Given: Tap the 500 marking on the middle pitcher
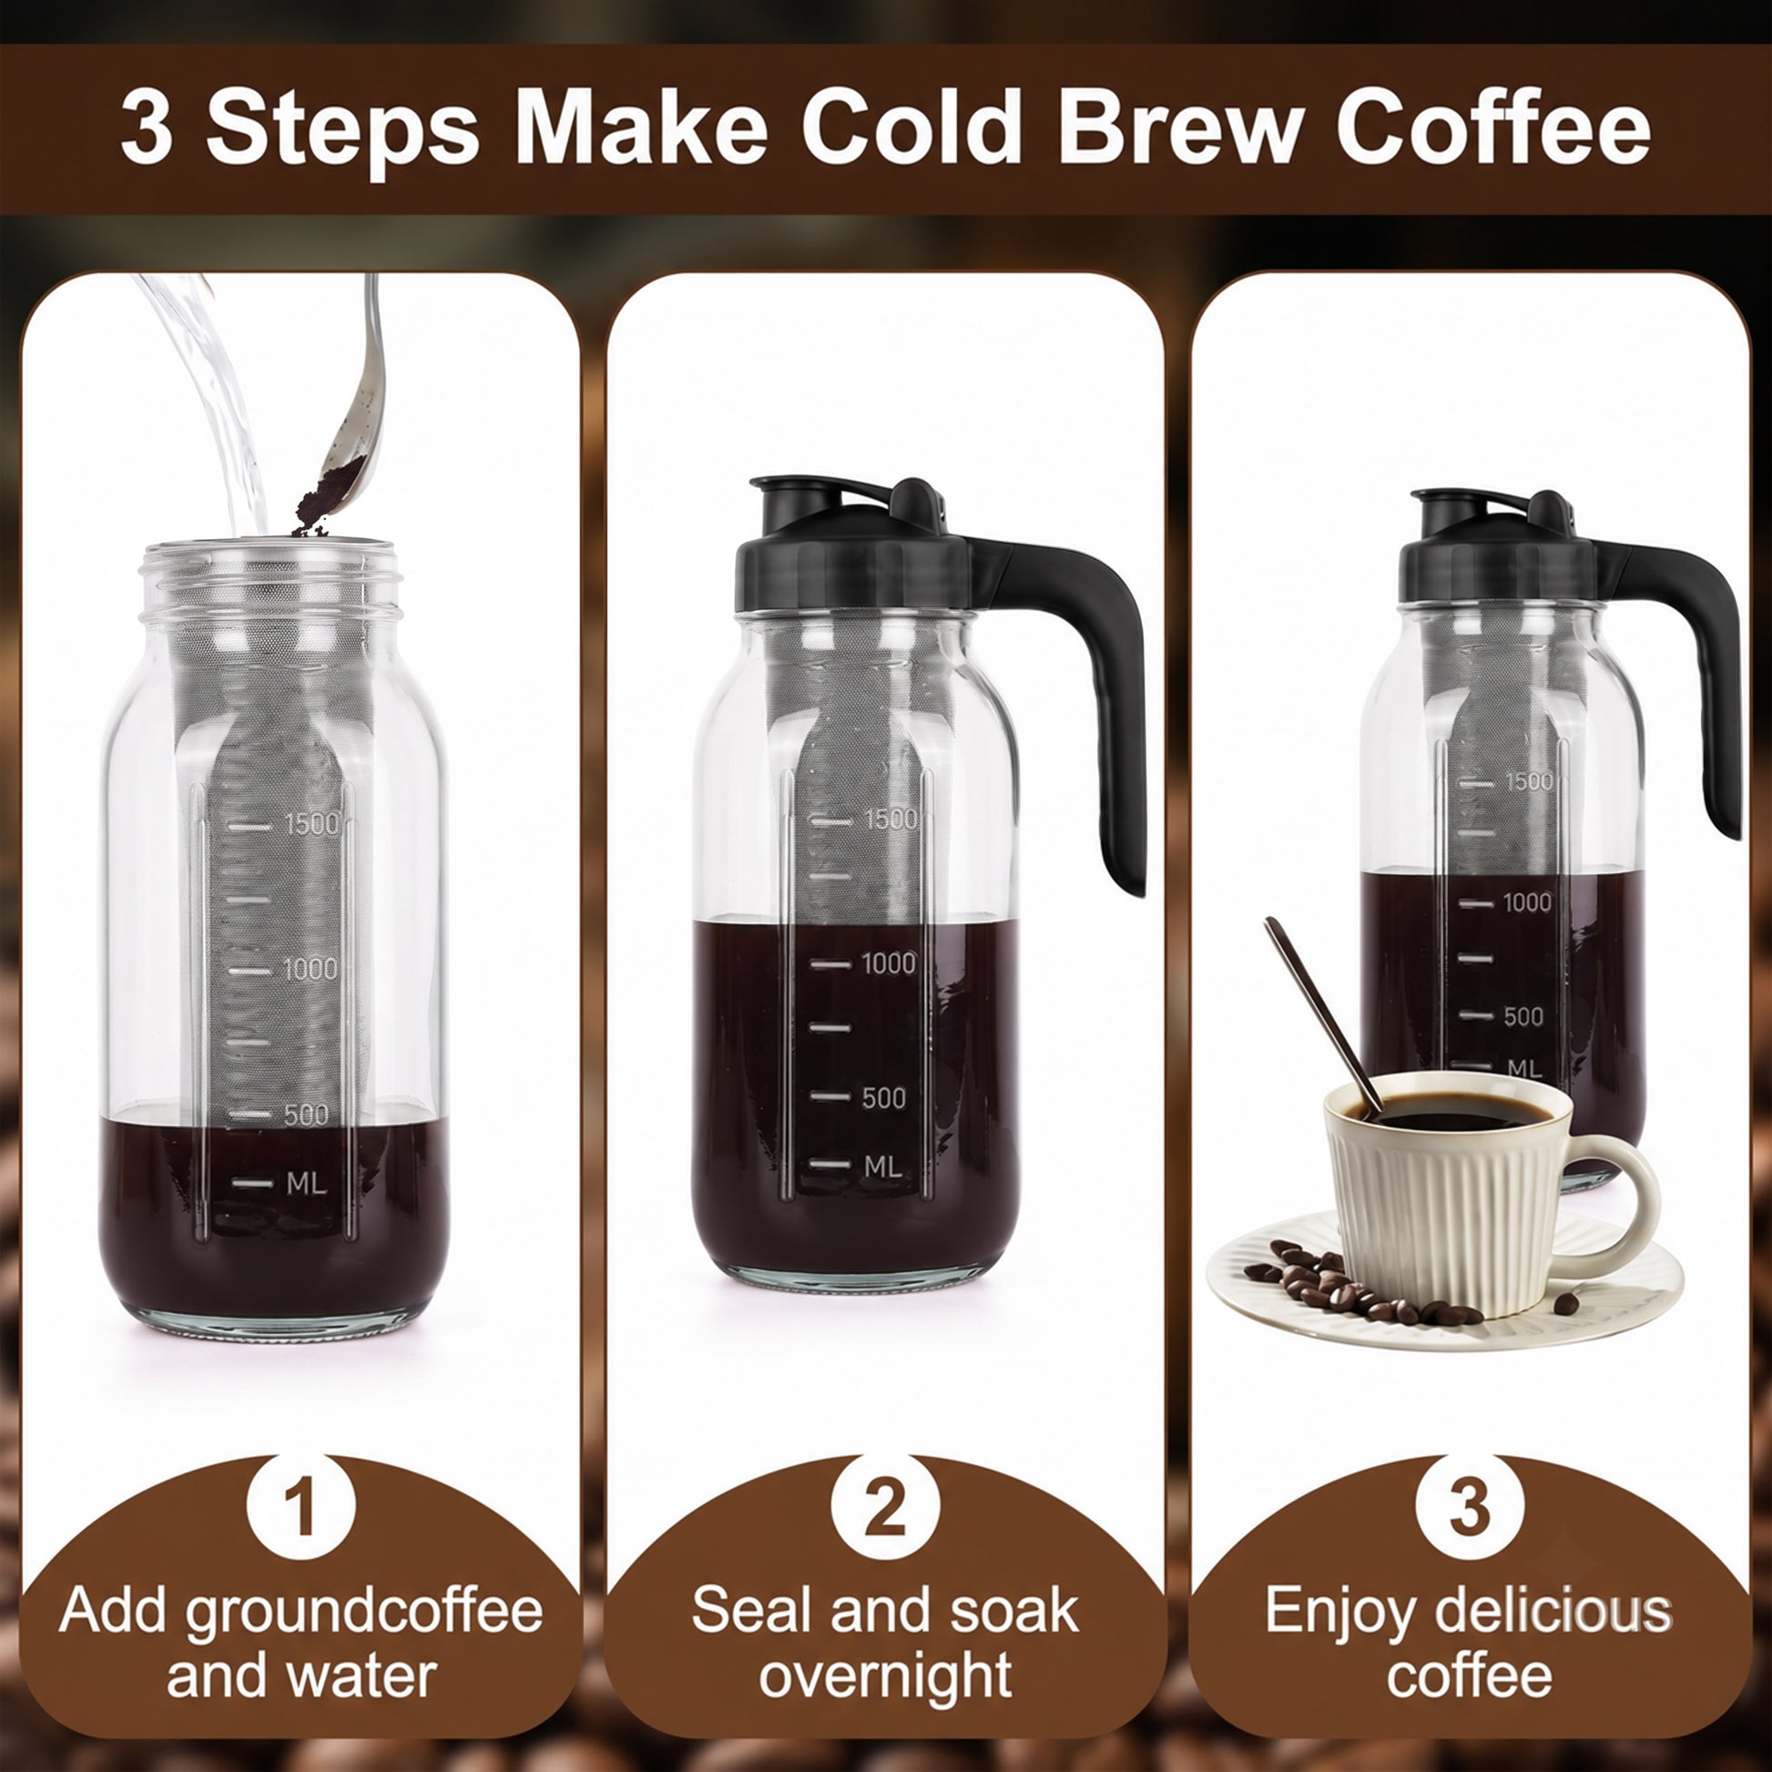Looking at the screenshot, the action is (883, 1098).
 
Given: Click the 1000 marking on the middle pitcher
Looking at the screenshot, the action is (888, 963).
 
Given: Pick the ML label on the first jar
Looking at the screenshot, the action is (306, 1183).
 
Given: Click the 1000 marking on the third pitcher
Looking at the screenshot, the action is (1527, 902).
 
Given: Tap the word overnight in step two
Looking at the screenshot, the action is (885, 1676).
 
